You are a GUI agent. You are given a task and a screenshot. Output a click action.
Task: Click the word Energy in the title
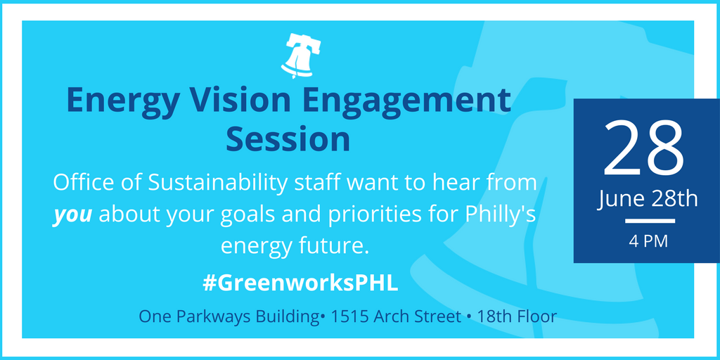[122, 101]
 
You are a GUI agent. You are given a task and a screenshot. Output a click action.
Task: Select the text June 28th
[648, 200]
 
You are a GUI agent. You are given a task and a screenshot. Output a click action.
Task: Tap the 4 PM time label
[648, 242]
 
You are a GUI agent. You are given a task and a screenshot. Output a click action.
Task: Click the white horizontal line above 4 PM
[650, 221]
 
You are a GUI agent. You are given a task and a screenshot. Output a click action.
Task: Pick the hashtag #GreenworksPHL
[300, 284]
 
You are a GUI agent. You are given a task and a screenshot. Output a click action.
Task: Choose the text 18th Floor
[517, 317]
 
